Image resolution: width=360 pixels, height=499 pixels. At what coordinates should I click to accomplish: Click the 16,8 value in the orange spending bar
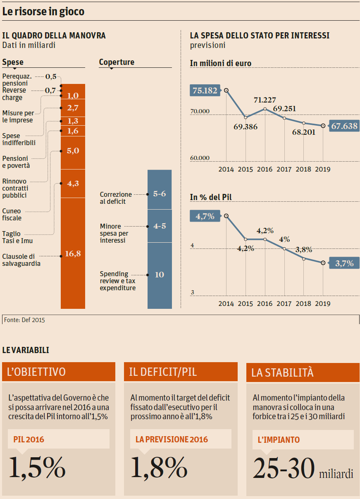(73, 254)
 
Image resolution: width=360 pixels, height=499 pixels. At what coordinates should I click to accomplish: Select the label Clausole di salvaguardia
(21, 260)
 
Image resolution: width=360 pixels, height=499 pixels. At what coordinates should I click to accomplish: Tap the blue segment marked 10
(160, 275)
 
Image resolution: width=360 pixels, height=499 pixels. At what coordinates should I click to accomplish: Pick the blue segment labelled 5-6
(160, 193)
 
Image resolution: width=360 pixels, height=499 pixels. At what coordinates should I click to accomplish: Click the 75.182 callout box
(205, 90)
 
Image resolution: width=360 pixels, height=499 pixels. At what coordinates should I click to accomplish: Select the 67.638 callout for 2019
(344, 126)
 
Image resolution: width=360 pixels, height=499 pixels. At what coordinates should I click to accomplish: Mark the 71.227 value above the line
(265, 100)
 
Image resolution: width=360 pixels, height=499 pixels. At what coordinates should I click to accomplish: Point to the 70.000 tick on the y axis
(200, 111)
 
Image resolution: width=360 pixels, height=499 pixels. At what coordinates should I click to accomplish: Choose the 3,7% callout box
(344, 263)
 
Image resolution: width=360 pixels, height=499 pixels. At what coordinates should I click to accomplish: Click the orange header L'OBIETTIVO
(59, 372)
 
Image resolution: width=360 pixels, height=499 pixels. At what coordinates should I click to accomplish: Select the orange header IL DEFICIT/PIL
(181, 372)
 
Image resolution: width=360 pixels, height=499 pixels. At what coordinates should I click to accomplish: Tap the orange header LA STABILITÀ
(303, 372)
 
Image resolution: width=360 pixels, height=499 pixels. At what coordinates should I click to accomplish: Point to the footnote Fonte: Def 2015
(24, 320)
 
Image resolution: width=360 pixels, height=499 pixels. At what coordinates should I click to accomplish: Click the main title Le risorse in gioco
(43, 12)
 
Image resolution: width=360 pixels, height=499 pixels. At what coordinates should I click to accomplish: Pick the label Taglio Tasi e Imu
(17, 237)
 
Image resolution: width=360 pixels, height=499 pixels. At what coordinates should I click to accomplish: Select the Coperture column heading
(117, 62)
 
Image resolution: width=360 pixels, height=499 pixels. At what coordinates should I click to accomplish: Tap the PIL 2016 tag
(29, 439)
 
